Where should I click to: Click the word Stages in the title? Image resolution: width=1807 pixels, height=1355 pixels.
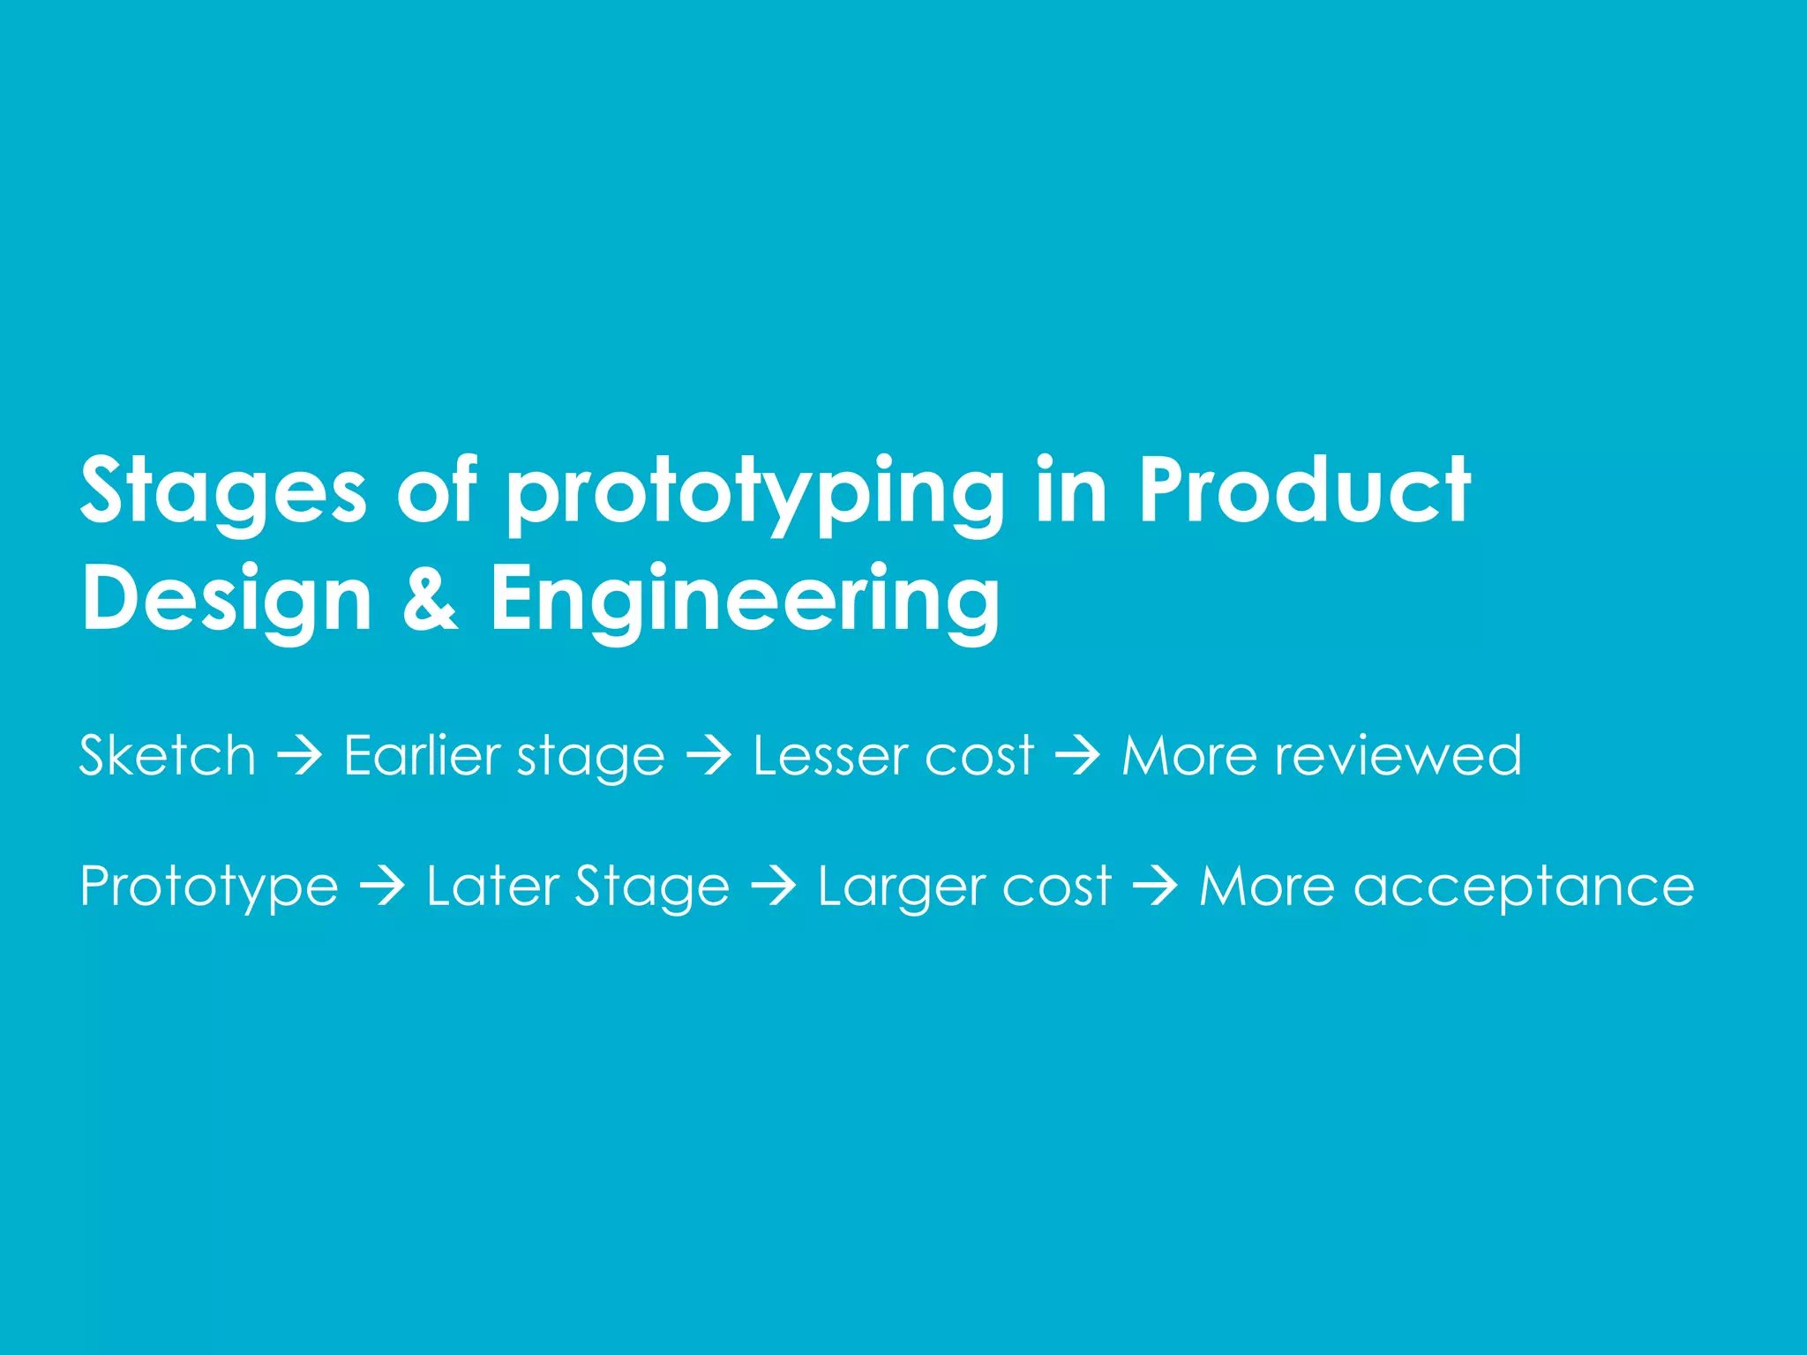coord(222,491)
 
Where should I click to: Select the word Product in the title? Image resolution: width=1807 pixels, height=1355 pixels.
coord(1304,490)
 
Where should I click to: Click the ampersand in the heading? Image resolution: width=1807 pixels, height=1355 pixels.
coord(431,597)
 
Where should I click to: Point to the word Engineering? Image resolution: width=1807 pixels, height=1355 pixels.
coord(746,600)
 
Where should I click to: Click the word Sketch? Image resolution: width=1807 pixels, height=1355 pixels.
coord(168,756)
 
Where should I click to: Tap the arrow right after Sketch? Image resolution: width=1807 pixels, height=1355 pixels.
coord(300,757)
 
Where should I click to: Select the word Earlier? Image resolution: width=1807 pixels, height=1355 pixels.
coord(422,756)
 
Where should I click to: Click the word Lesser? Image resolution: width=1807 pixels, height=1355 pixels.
coord(830,756)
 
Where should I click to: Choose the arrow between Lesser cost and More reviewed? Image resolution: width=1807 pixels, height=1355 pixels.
coord(1077,757)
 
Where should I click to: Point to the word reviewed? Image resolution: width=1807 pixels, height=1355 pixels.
coord(1398,756)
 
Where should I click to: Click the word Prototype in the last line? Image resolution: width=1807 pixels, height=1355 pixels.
coord(209,887)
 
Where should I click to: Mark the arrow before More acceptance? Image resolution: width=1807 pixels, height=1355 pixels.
coord(1155,887)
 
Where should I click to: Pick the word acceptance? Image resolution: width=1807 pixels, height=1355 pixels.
coord(1524,887)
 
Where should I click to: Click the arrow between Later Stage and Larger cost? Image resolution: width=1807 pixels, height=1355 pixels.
coord(774,887)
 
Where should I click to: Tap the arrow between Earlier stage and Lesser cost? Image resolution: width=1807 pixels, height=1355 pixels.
coord(709,757)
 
